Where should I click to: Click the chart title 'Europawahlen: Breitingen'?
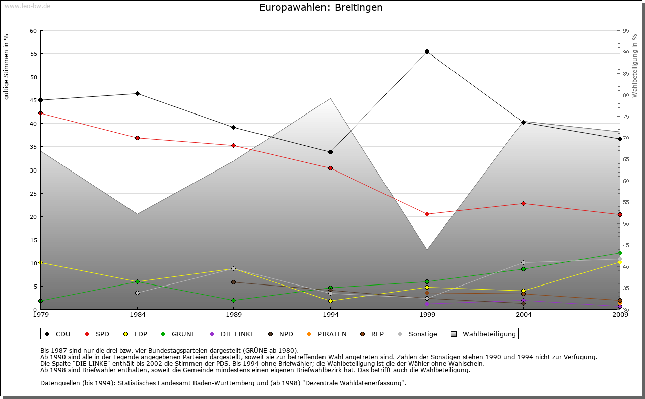320,8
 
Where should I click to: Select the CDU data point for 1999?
427,51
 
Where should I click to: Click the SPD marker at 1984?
137,138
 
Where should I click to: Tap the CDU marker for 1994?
330,152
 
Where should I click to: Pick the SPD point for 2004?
523,203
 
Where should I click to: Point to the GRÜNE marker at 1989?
234,300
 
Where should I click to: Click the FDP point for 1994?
330,301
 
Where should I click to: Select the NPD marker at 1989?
234,282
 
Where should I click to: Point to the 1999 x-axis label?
427,315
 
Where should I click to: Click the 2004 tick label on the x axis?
523,315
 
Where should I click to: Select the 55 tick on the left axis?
33,54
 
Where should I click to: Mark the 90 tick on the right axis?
626,52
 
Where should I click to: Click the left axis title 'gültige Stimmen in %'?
7,67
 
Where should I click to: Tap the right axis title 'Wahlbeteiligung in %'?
635,66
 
